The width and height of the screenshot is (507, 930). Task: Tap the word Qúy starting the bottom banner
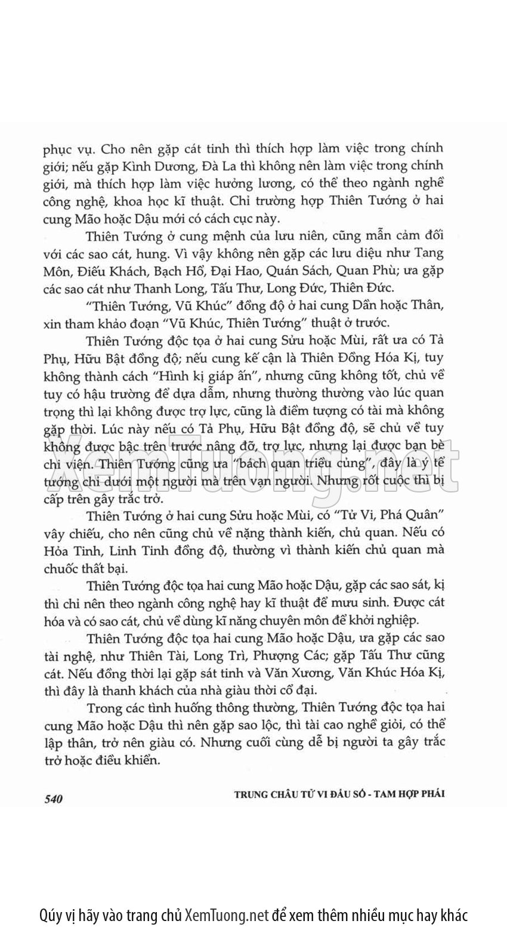coord(51,915)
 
